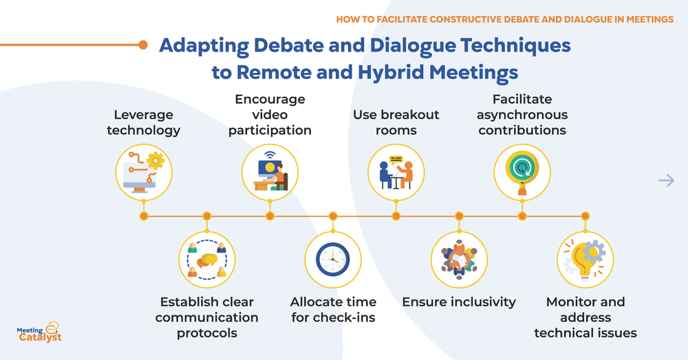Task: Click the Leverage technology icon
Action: (143, 170)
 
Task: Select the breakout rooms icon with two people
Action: (396, 170)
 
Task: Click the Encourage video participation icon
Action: (270, 170)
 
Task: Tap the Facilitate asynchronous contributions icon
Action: (522, 170)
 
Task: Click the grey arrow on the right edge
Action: (666, 180)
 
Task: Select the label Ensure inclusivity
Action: (459, 302)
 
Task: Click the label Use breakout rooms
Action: (396, 122)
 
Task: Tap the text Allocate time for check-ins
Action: (333, 310)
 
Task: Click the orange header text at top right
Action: (504, 19)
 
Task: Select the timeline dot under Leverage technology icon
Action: (143, 216)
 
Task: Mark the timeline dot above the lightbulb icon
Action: (585, 216)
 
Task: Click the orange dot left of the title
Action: (143, 45)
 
